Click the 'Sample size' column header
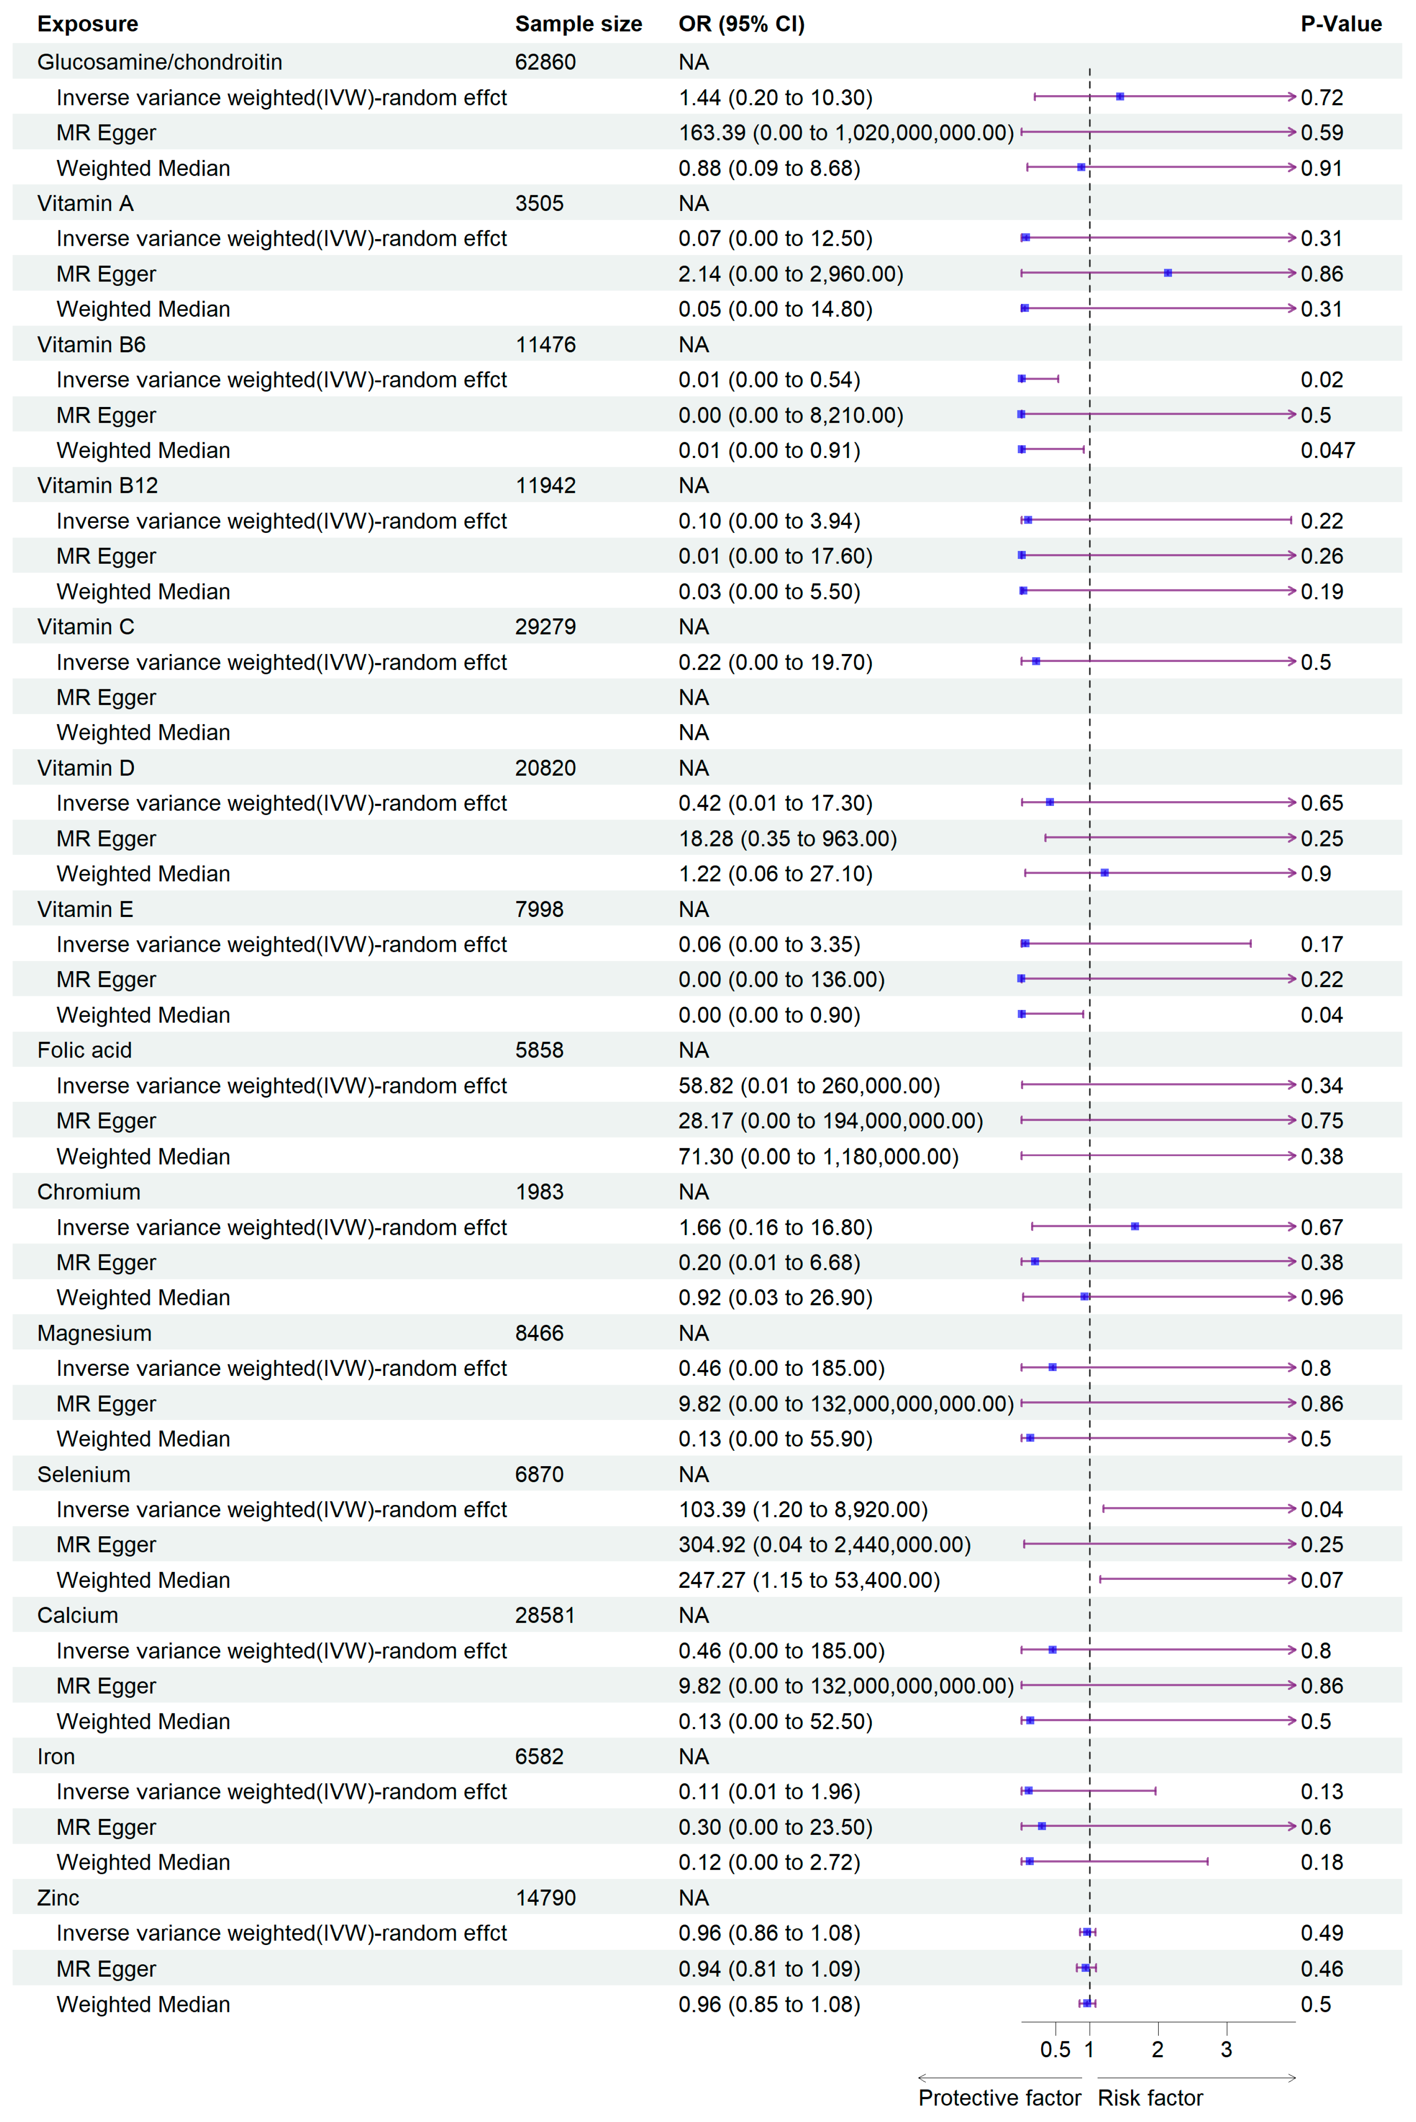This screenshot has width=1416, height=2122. (x=578, y=24)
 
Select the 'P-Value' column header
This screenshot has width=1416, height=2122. (x=1340, y=24)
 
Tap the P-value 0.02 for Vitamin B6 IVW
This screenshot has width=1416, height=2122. (x=1321, y=380)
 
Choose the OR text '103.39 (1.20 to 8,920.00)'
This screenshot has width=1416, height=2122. (x=803, y=1510)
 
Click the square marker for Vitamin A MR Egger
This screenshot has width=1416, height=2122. (x=1168, y=273)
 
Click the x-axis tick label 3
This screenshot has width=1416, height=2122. (x=1225, y=2050)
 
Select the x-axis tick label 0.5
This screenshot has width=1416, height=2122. (x=1055, y=2050)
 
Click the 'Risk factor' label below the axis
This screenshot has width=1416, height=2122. (x=1150, y=2098)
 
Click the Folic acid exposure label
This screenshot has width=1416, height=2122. (x=84, y=1050)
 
